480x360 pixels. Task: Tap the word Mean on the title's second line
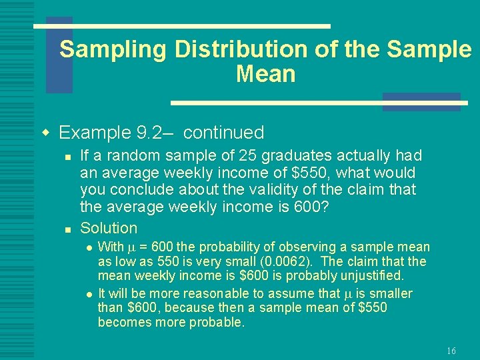[x=265, y=74]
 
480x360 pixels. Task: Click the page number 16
[x=451, y=351]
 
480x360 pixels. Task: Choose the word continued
[x=223, y=133]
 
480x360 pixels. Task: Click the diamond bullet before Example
[x=46, y=132]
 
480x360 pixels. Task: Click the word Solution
[x=109, y=228]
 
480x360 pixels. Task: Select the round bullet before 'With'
[x=89, y=248]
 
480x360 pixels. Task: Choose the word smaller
[x=389, y=294]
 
